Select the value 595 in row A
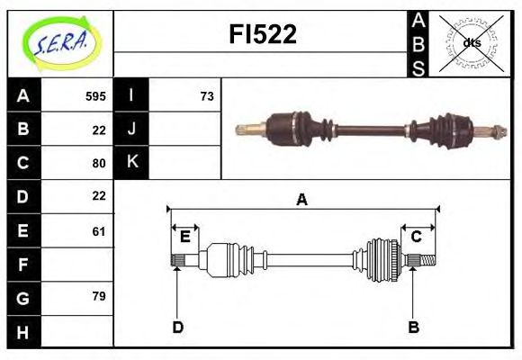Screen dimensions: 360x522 tap(95, 95)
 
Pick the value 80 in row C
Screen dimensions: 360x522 tap(99, 163)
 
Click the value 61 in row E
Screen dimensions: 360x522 tap(99, 231)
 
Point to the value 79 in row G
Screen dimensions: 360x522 tap(99, 296)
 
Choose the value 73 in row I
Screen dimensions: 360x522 tap(206, 95)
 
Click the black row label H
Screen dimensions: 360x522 tap(22, 332)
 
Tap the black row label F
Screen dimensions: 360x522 tap(22, 265)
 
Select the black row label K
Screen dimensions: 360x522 tap(131, 162)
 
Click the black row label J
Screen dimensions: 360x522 tap(131, 129)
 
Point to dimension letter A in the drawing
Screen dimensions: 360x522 tap(301, 200)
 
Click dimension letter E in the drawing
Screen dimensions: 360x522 tap(184, 237)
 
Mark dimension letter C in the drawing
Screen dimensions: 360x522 tap(416, 237)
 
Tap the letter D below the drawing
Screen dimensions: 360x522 tap(177, 328)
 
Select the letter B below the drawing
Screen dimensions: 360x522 tap(413, 328)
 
